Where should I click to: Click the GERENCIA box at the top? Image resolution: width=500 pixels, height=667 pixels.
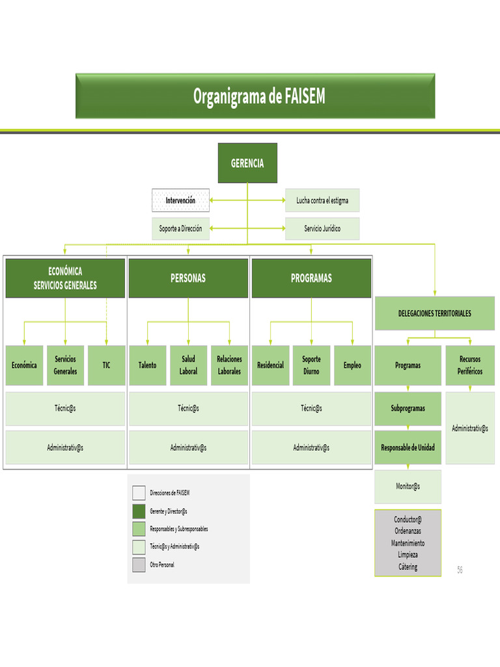tap(247, 163)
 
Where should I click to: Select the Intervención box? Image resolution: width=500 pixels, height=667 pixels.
tap(180, 201)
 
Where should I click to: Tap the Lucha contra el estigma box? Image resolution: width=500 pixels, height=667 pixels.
tap(322, 201)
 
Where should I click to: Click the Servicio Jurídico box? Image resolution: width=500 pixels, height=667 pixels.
tap(322, 229)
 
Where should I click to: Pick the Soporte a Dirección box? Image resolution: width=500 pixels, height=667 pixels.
tap(180, 229)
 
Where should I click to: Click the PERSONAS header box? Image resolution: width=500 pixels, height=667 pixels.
tap(188, 278)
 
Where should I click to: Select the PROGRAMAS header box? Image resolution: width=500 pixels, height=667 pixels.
tap(311, 278)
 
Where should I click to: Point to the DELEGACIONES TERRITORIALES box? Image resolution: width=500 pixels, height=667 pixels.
tap(435, 313)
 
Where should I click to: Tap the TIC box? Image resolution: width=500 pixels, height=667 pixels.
tap(106, 365)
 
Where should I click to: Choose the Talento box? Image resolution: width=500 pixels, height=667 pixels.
tap(148, 365)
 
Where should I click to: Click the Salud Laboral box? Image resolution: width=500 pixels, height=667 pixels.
tap(188, 365)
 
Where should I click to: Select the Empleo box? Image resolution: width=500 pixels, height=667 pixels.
tap(352, 365)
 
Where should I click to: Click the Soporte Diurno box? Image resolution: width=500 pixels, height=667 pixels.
tap(311, 365)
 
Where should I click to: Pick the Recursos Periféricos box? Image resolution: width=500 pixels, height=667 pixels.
tap(469, 365)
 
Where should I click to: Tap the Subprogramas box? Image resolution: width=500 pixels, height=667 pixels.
tap(408, 408)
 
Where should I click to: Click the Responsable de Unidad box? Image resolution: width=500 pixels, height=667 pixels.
tap(408, 447)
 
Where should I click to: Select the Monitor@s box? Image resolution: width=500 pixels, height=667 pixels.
tap(408, 487)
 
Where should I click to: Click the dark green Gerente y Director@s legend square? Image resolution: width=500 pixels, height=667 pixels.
tap(139, 511)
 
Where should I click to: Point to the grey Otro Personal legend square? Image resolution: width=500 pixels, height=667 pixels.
tap(139, 565)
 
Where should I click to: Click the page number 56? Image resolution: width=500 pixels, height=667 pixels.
tap(460, 570)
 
